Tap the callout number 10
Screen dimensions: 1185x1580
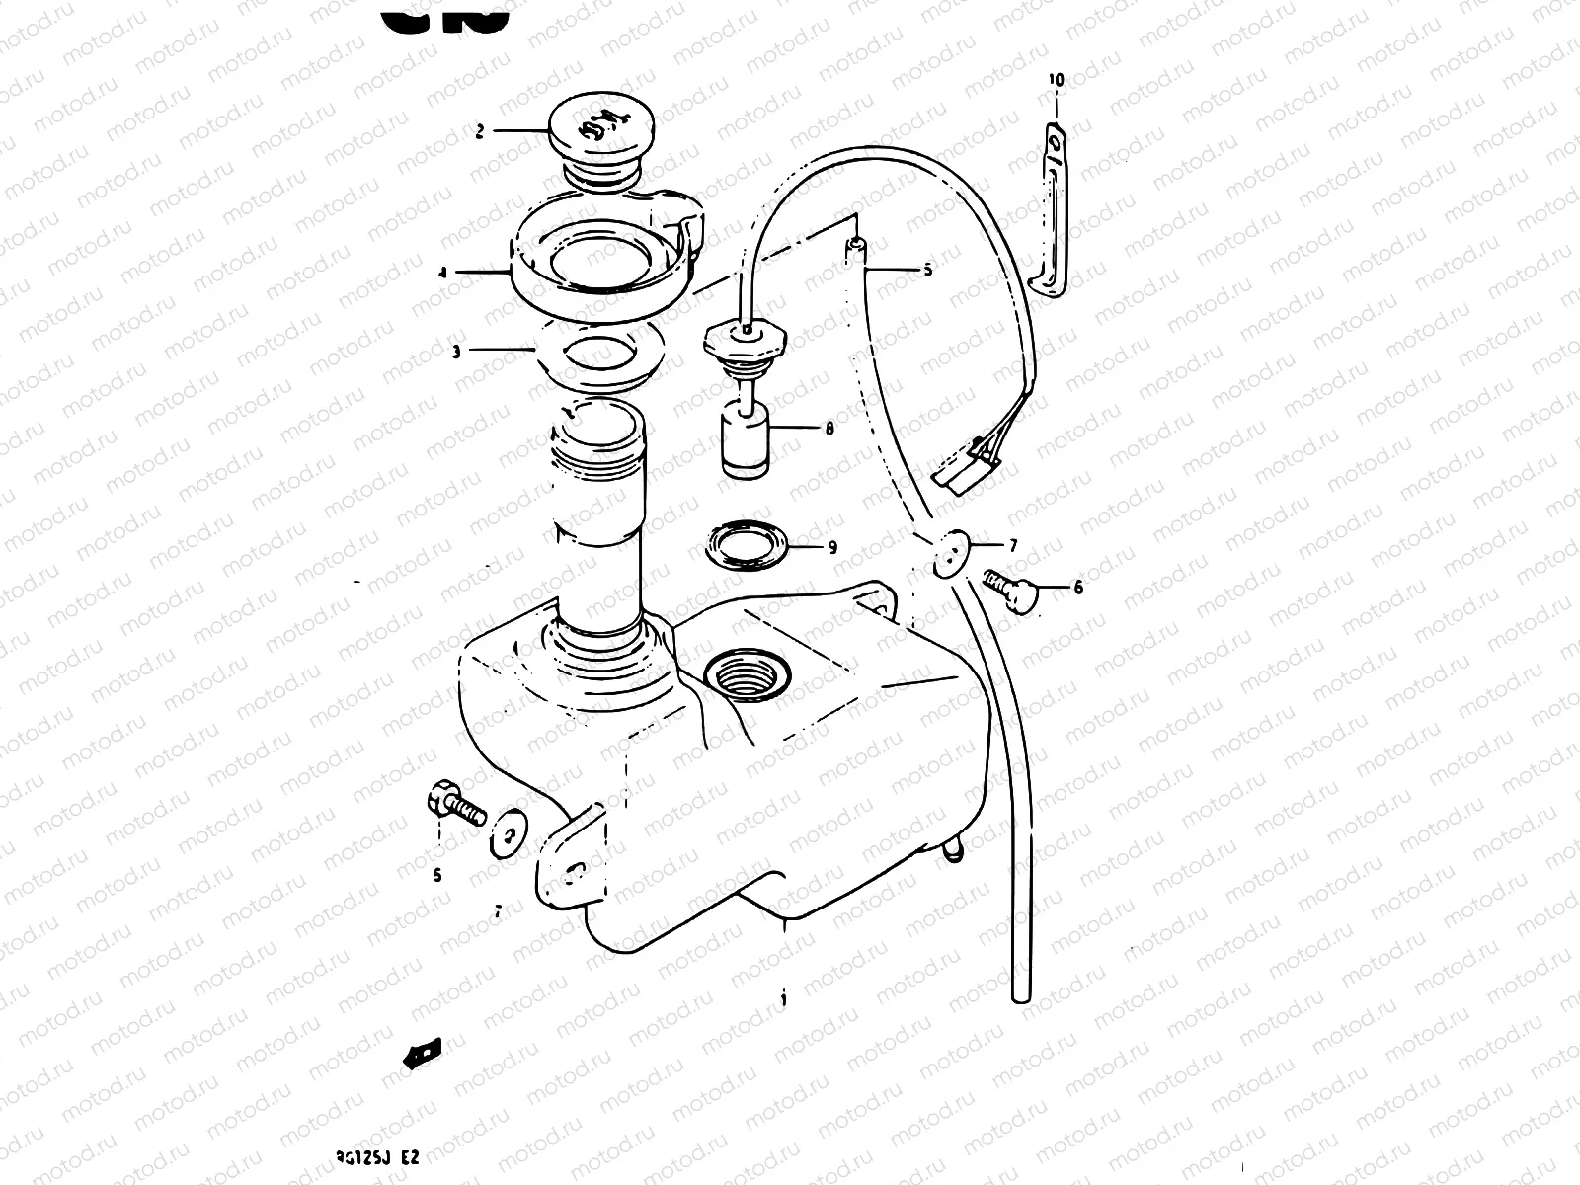[1056, 80]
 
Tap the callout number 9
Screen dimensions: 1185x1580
[832, 546]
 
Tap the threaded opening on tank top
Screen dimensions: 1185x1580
[748, 675]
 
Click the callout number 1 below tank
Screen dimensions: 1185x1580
[784, 997]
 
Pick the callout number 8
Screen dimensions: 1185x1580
[829, 428]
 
